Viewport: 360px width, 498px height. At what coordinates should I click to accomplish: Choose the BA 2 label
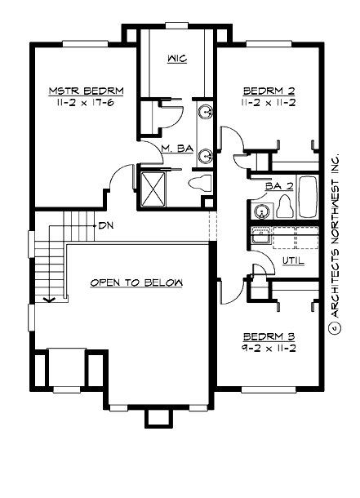coord(279,186)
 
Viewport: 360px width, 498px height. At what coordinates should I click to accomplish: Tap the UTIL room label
coord(293,260)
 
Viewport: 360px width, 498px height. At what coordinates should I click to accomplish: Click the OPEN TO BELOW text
coord(136,282)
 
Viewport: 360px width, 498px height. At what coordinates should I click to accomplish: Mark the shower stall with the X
coord(153,186)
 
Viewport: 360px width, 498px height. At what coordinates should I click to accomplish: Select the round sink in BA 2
coord(262,211)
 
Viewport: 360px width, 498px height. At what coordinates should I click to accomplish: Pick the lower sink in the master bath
coord(205,153)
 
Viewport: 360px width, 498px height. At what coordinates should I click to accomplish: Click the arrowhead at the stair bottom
coord(50,299)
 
